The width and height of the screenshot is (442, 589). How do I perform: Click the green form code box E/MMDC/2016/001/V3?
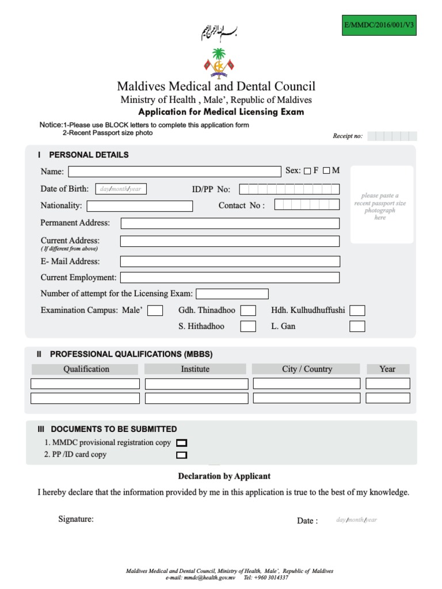point(379,25)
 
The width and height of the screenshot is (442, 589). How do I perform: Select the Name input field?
point(174,171)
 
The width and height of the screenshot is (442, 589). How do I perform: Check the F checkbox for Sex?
point(307,171)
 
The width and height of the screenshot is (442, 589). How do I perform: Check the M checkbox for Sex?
point(327,171)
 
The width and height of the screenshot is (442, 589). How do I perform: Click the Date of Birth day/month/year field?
point(120,189)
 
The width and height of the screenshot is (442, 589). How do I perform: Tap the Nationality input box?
point(140,206)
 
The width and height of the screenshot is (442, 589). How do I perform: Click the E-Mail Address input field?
point(230,262)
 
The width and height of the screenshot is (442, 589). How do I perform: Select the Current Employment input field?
point(230,278)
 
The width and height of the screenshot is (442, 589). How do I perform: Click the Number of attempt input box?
point(232,294)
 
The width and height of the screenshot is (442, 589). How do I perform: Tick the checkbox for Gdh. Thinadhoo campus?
point(248,311)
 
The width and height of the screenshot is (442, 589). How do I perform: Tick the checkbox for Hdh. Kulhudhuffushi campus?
point(357,311)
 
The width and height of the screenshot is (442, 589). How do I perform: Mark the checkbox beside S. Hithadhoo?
point(248,327)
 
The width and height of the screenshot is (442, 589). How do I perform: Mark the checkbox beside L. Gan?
point(357,327)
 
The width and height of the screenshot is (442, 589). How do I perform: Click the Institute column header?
point(195,369)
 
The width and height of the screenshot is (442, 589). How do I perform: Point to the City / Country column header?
point(307,369)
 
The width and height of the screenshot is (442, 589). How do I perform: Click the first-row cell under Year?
point(387,384)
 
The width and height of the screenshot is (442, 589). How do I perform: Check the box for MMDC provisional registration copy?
point(181,443)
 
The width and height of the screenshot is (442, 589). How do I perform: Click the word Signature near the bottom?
point(76,519)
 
